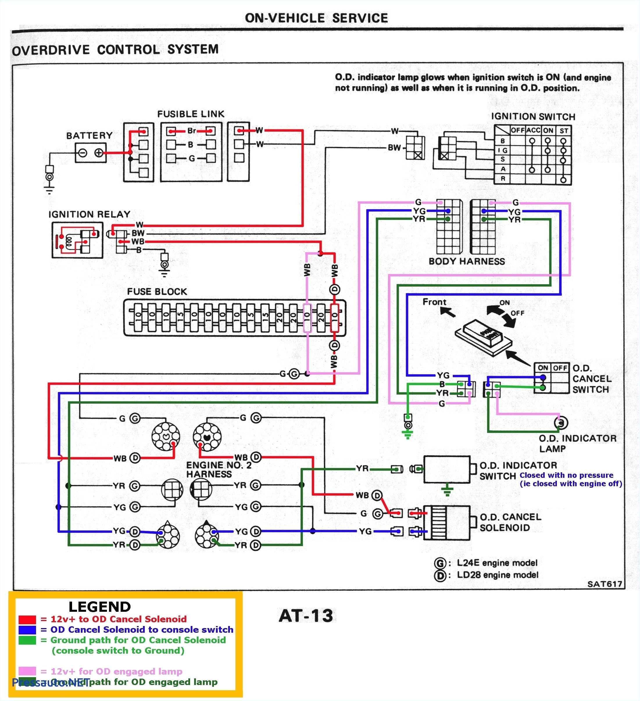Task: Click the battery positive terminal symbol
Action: pos(99,153)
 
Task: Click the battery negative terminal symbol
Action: pos(83,153)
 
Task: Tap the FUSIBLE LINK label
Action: pos(191,114)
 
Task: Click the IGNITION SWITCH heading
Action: pos(533,117)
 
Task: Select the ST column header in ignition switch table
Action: pos(564,131)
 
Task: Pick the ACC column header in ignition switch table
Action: pos(533,130)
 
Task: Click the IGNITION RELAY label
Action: pos(90,214)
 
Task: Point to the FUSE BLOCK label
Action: pos(157,292)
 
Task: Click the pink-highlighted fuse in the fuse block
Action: pos(307,317)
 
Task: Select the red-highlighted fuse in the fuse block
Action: pos(334,317)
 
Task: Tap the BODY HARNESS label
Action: pos(466,262)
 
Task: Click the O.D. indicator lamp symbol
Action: pos(561,423)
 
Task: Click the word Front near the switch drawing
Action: pos(434,302)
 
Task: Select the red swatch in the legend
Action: pos(27,619)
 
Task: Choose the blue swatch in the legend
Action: pos(27,630)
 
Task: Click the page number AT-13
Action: pos(306,616)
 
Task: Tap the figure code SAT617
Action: pos(605,584)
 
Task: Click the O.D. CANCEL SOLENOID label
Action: pos(510,522)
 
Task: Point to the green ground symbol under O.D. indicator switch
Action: pos(447,491)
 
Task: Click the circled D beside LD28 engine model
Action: pos(440,575)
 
